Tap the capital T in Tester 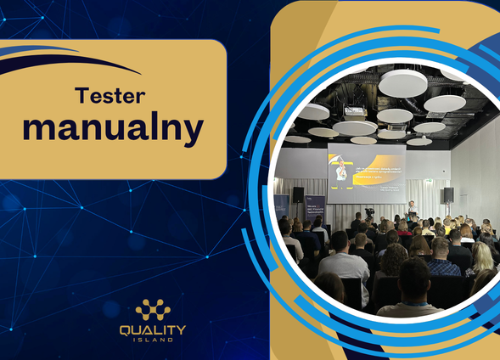click(81, 94)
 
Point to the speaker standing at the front click(411, 207)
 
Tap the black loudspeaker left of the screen click(298, 194)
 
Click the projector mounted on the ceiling click(355, 110)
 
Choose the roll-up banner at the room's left click(281, 209)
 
